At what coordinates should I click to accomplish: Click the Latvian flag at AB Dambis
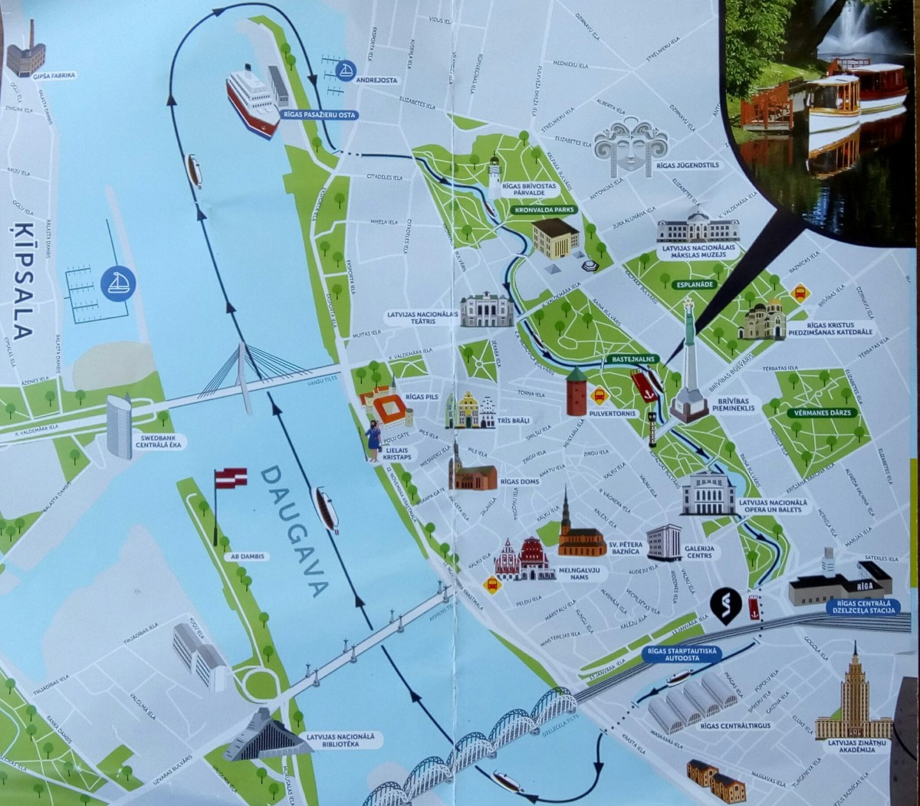tap(230, 479)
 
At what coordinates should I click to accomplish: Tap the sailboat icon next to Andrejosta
tap(347, 71)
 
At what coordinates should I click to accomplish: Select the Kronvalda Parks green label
tap(544, 209)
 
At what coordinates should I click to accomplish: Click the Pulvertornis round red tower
tap(577, 392)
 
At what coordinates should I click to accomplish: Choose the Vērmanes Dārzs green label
tap(823, 413)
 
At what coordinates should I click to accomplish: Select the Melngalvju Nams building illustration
tap(525, 559)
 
